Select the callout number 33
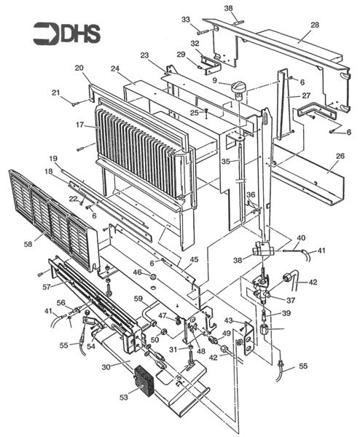click(x=185, y=19)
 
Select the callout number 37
click(x=291, y=299)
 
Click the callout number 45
click(x=193, y=259)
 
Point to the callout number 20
click(x=79, y=68)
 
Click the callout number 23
click(x=144, y=55)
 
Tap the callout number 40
click(x=301, y=237)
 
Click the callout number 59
click(x=137, y=297)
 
